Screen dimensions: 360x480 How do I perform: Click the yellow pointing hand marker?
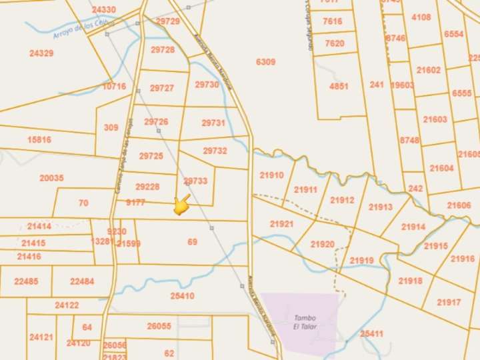click(x=181, y=205)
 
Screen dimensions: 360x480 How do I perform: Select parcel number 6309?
click(x=265, y=62)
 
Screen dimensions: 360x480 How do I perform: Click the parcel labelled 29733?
click(x=195, y=181)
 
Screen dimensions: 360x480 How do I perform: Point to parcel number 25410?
click(x=182, y=295)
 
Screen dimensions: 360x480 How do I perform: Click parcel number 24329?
click(x=41, y=53)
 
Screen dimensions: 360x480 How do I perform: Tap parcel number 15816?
click(x=39, y=139)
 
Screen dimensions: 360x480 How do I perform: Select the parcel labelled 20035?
click(x=51, y=178)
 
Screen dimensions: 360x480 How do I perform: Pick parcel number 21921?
click(x=281, y=224)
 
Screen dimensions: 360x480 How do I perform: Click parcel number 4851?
click(x=339, y=86)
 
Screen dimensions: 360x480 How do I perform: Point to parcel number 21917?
click(x=449, y=302)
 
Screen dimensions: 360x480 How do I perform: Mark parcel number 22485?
click(x=25, y=281)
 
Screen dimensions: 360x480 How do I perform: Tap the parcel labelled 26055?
click(x=159, y=326)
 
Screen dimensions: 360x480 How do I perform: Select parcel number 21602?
click(x=428, y=70)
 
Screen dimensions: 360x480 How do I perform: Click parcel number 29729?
click(x=167, y=21)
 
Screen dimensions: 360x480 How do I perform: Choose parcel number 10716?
click(x=114, y=86)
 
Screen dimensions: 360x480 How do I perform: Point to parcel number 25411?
click(x=371, y=333)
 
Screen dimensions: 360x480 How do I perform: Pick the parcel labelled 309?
click(x=111, y=127)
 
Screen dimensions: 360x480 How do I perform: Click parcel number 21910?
click(x=271, y=175)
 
